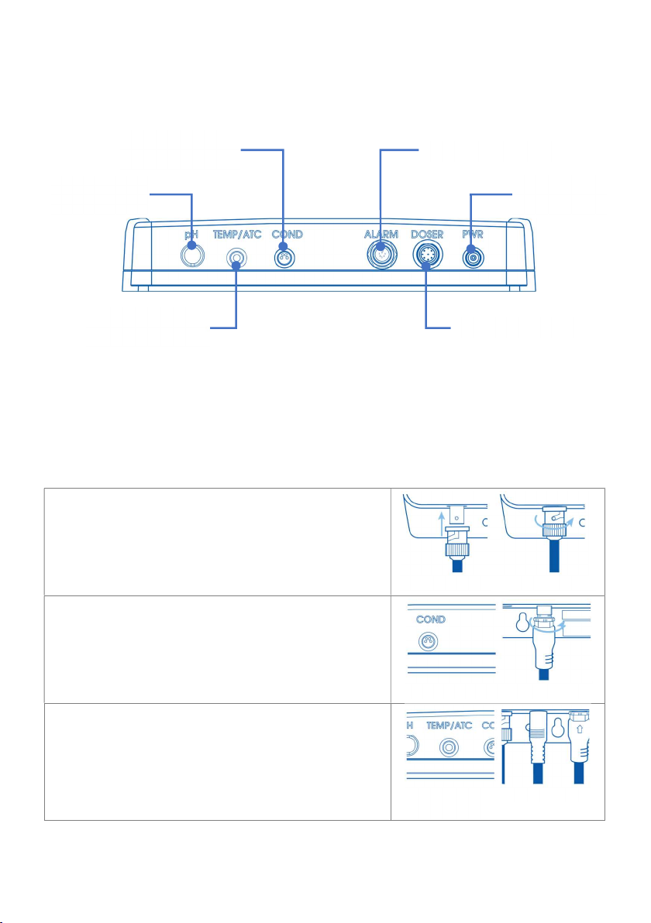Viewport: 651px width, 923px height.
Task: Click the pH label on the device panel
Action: click(x=191, y=235)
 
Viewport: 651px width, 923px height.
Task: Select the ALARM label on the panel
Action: click(x=381, y=235)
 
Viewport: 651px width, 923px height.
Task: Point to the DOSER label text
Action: click(x=426, y=235)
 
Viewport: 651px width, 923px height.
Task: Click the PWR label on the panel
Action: click(x=472, y=235)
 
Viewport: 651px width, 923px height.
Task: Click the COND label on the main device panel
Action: click(x=287, y=235)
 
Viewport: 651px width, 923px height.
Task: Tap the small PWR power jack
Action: click(x=472, y=256)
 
